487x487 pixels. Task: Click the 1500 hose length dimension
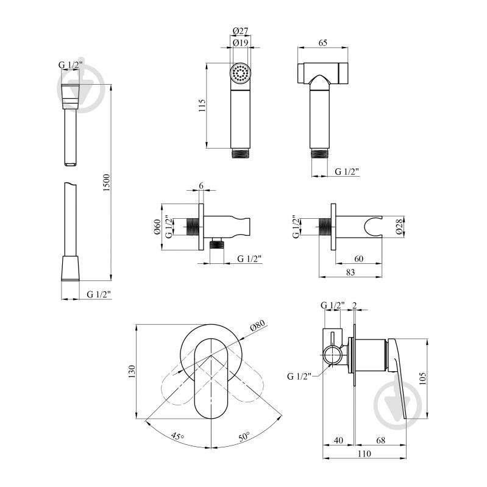click(x=106, y=182)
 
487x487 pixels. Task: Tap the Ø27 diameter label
click(x=240, y=31)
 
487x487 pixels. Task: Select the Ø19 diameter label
click(x=240, y=43)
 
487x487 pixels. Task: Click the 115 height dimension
click(x=202, y=105)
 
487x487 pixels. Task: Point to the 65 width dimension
click(x=322, y=43)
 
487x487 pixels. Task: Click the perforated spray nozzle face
click(x=240, y=73)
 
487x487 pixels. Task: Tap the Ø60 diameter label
click(x=157, y=227)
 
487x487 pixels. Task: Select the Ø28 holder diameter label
click(x=399, y=226)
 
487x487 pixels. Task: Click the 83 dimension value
click(x=350, y=272)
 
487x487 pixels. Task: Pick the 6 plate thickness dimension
click(x=201, y=185)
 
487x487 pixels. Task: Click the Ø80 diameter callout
click(x=257, y=325)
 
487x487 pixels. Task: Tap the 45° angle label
click(x=177, y=436)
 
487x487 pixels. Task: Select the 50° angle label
click(x=244, y=436)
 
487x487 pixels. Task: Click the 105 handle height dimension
click(x=422, y=379)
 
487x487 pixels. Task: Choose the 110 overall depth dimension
click(x=364, y=453)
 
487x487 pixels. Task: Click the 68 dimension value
click(x=380, y=440)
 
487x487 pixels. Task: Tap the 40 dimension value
click(x=338, y=440)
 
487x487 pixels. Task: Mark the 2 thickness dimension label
click(x=354, y=305)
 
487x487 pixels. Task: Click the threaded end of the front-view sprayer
click(x=240, y=154)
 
